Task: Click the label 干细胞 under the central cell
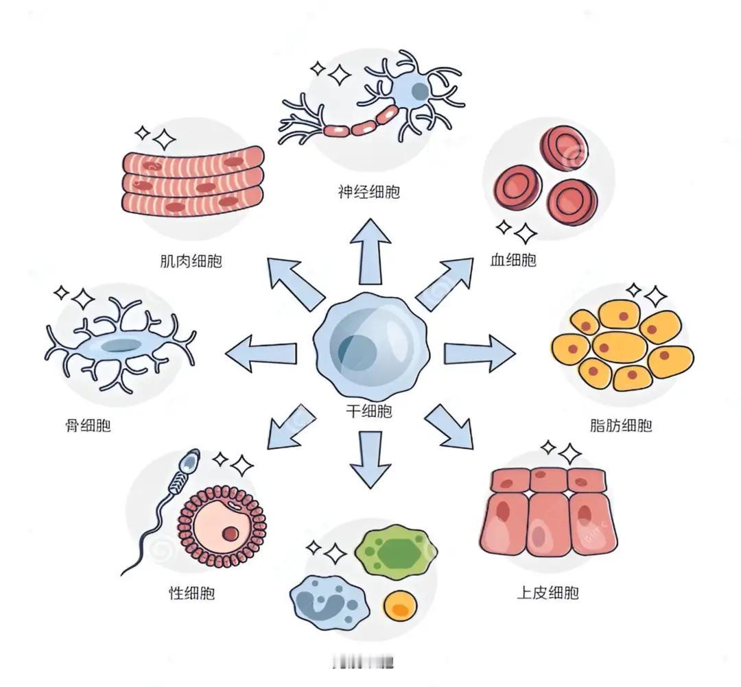click(369, 411)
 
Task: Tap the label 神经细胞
click(368, 191)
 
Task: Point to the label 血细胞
click(513, 260)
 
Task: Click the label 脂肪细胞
click(621, 426)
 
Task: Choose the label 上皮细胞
click(548, 592)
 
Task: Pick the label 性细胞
click(191, 592)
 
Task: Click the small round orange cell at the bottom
click(400, 606)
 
